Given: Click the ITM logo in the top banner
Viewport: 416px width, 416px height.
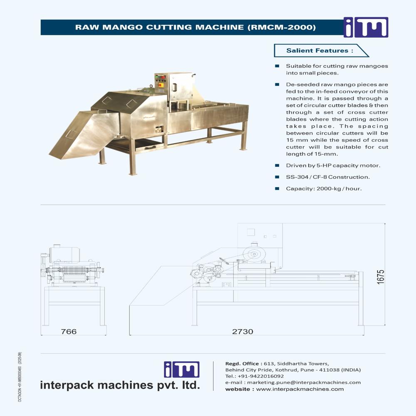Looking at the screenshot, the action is click(366, 27).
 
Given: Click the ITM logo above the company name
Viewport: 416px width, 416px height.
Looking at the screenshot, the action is click(182, 369).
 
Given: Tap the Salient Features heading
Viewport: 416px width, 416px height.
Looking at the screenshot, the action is click(319, 50).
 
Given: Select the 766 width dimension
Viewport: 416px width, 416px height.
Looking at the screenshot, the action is click(69, 332).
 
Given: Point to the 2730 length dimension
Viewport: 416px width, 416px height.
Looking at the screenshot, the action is click(243, 332).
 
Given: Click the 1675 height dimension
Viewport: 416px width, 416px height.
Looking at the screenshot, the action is click(381, 277).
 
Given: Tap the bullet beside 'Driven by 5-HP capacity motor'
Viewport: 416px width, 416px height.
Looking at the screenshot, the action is click(277, 166).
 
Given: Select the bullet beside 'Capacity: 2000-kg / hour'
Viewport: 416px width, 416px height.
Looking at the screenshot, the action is click(277, 188).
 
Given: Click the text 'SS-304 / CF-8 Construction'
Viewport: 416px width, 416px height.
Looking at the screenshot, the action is click(328, 177).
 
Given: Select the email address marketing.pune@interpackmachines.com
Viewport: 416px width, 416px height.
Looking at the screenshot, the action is click(304, 383).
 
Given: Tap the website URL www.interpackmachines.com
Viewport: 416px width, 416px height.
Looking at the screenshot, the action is click(300, 389).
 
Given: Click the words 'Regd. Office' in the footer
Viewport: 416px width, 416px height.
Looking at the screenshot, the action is click(242, 364).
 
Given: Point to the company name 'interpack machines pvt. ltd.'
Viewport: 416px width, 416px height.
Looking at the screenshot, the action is click(120, 385).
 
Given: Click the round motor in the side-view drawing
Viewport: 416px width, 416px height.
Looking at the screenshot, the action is click(254, 254).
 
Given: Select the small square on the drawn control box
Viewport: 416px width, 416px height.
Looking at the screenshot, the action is click(251, 233).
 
